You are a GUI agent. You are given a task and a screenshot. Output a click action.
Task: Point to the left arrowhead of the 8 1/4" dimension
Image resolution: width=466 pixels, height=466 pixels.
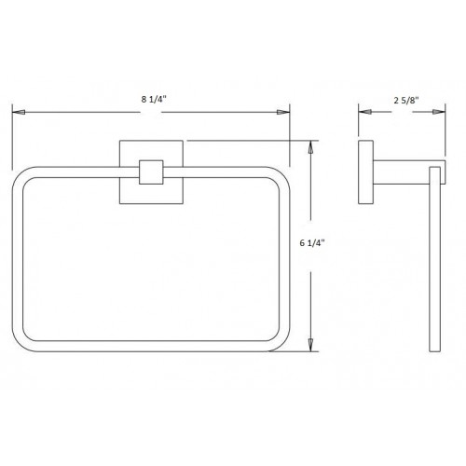click(17, 112)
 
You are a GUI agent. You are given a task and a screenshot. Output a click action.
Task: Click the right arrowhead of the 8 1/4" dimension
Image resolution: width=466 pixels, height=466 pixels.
click(282, 112)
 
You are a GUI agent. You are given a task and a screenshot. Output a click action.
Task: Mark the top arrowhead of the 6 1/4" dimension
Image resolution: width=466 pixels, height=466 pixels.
click(312, 147)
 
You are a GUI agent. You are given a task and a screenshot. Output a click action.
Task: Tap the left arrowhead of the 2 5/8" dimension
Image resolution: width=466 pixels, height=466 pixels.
click(365, 112)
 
